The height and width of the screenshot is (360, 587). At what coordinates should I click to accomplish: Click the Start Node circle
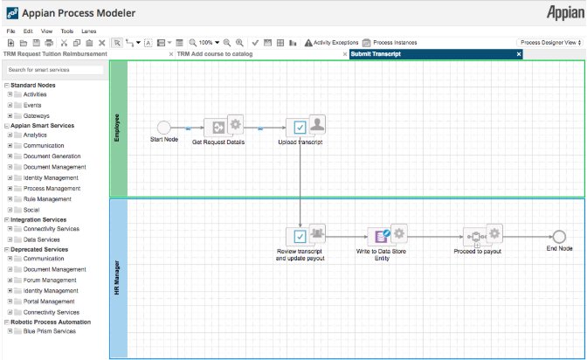coord(163,128)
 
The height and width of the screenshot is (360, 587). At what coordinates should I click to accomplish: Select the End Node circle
coord(559,236)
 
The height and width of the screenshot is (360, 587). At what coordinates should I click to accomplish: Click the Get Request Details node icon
coord(214,128)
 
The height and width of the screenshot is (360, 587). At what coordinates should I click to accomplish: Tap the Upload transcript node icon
coord(300,128)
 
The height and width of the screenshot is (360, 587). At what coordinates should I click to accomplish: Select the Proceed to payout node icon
coord(476,236)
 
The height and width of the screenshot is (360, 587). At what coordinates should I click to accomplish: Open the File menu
coord(11,31)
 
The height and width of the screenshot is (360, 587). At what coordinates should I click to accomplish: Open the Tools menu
coord(67,31)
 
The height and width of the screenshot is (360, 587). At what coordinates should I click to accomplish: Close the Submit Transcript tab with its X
coord(518,54)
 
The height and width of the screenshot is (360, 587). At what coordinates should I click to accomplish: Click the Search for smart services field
coord(54,70)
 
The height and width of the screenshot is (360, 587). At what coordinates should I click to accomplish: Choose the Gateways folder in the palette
coord(37,115)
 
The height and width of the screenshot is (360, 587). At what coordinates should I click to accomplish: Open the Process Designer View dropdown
coord(549,42)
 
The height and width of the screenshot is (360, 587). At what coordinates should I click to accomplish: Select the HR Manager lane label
coord(118,278)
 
